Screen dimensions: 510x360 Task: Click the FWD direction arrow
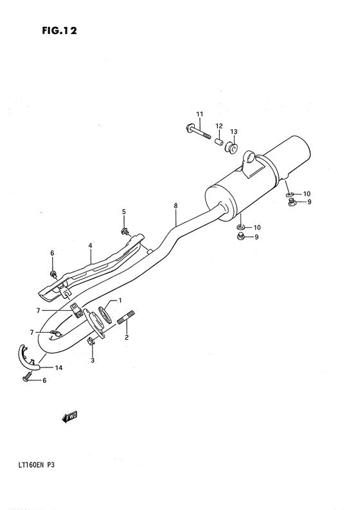pos(69,418)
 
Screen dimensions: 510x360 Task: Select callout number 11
pos(199,114)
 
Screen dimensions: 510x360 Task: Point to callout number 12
pos(219,126)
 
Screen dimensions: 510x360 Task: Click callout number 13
pos(234,132)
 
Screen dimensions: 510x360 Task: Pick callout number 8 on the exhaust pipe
pos(175,206)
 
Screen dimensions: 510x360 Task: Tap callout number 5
pos(124,211)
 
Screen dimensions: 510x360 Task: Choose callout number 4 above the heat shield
pos(91,245)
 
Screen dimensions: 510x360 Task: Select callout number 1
pos(120,301)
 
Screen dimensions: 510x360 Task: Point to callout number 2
pos(127,337)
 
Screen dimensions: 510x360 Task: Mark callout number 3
pos(92,361)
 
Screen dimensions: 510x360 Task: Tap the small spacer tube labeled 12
pos(219,141)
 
